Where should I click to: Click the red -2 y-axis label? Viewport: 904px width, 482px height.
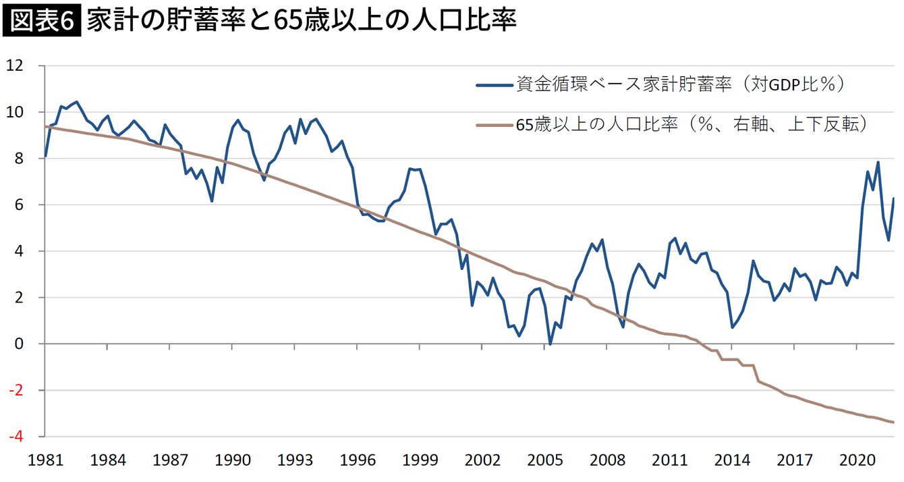coord(16,390)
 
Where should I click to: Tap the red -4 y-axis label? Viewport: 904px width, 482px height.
coord(16,436)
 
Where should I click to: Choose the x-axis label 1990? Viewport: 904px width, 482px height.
coord(233,462)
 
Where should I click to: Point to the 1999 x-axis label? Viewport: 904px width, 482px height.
coord(420,462)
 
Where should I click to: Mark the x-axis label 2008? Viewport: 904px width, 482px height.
coord(607,462)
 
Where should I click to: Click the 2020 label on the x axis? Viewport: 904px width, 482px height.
coord(857,462)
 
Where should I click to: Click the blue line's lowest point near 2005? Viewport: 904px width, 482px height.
coord(550,344)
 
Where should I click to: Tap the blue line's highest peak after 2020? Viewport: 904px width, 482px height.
coord(878,162)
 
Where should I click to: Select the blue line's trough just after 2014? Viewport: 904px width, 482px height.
coord(733,327)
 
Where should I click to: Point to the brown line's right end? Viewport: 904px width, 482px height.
coord(894,422)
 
